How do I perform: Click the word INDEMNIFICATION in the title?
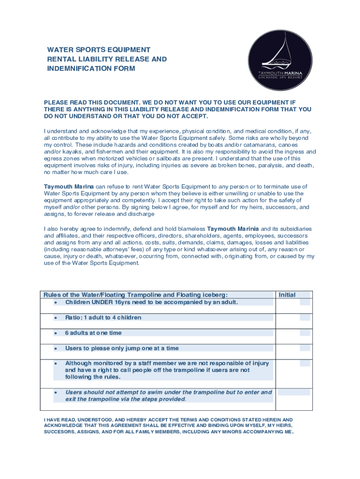pos(75,68)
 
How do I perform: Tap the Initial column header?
pos(287,295)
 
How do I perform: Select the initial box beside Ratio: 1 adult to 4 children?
pos(304,317)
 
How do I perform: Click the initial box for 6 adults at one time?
pos(304,333)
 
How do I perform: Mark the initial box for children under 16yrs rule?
pos(304,302)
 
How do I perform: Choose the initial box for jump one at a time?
pos(304,348)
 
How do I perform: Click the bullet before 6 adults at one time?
pos(56,333)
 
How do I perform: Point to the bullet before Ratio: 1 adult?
pos(56,318)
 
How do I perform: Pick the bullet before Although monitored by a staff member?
pos(56,363)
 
